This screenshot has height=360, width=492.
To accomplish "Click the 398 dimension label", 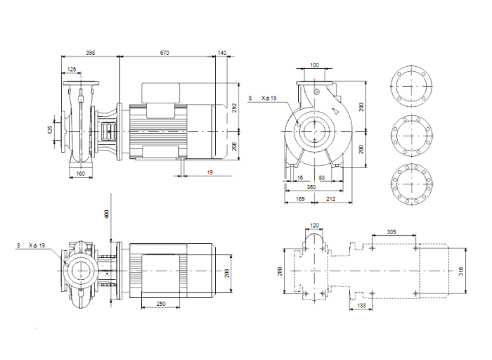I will click(91, 53).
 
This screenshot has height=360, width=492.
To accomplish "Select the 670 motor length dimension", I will click(165, 53).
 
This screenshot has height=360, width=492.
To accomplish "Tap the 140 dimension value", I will click(222, 53).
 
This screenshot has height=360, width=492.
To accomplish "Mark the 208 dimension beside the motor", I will click(227, 272).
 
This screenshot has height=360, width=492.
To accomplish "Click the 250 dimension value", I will click(161, 304).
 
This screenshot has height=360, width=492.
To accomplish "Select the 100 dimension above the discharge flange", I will click(313, 65).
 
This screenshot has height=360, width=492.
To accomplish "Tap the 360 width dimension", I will click(310, 188).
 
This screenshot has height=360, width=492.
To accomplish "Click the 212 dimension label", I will click(330, 199).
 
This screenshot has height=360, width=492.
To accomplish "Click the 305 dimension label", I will click(392, 231).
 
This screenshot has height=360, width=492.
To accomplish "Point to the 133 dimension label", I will click(361, 306).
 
